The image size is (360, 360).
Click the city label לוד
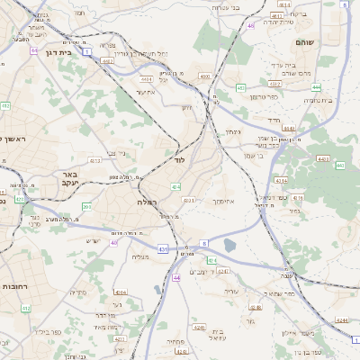(x=179, y=159)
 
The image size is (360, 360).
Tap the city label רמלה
(x=148, y=202)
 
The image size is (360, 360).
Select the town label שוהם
(x=304, y=42)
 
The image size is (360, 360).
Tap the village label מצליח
(x=139, y=257)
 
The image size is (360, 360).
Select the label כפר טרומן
(x=263, y=96)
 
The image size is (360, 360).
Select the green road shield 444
(x=317, y=87)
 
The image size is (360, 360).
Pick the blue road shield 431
(x=163, y=247)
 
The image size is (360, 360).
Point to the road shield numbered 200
(x=86, y=207)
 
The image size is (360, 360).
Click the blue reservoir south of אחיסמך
(x=229, y=244)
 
